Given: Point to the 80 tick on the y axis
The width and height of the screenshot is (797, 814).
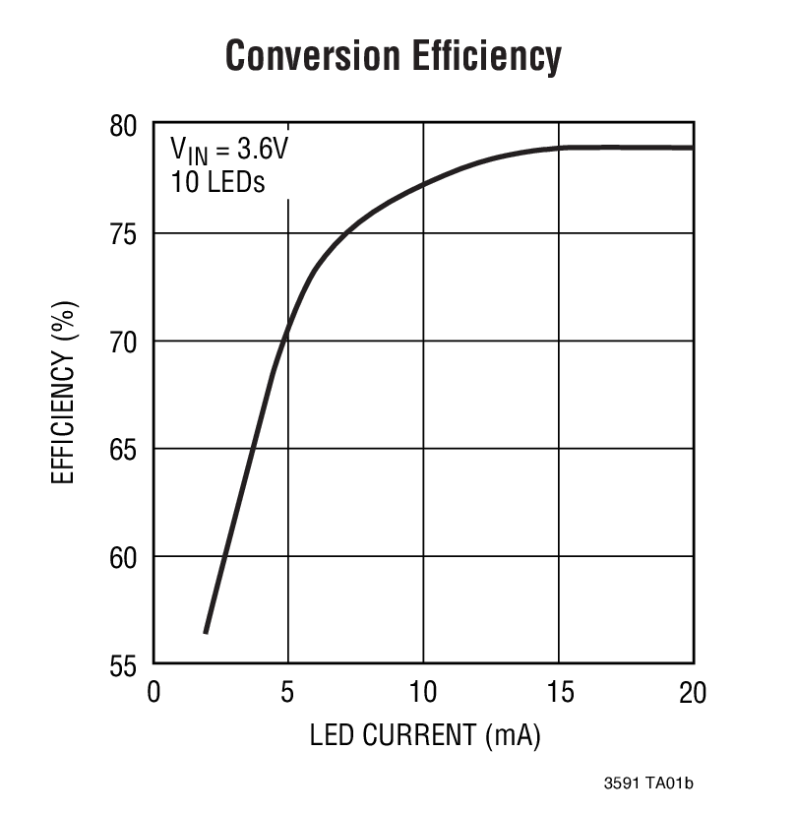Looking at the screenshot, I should click(x=126, y=126).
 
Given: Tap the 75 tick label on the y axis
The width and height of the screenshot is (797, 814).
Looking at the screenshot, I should click(x=126, y=234).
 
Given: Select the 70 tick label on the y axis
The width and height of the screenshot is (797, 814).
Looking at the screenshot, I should click(x=126, y=342).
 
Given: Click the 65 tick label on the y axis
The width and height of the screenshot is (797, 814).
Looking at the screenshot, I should click(x=126, y=450).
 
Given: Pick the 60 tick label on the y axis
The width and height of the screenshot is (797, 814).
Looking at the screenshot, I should click(x=126, y=557).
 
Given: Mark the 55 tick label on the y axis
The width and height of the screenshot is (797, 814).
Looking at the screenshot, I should click(x=126, y=665).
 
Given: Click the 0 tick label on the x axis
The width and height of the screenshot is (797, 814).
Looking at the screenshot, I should click(x=153, y=692).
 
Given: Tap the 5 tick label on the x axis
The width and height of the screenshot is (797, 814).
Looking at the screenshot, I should click(x=287, y=692).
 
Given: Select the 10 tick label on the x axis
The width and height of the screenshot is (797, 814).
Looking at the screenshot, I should click(x=423, y=692).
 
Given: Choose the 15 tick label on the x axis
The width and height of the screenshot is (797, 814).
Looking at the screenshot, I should click(x=558, y=692).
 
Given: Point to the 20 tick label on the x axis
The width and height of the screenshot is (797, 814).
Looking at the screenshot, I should click(x=693, y=692).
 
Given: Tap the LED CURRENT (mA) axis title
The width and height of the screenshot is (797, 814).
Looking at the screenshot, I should click(x=425, y=735).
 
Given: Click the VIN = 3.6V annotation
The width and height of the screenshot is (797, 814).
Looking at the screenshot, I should click(x=228, y=151).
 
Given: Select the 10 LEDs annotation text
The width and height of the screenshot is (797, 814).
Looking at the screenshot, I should click(x=217, y=182).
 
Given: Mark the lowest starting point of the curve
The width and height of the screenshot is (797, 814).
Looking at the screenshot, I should click(x=206, y=632).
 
